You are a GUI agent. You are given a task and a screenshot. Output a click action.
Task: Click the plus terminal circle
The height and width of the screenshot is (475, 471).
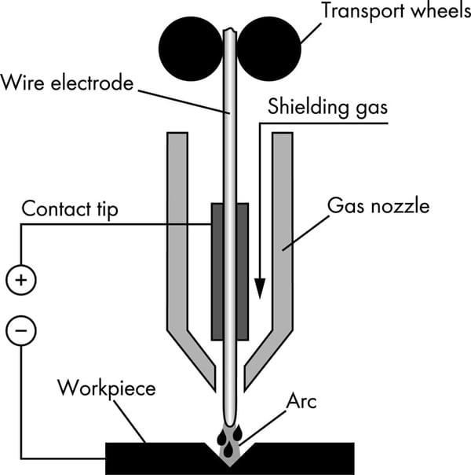(20, 278)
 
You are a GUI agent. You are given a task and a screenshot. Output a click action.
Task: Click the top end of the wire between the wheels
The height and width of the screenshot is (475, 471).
(230, 35)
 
